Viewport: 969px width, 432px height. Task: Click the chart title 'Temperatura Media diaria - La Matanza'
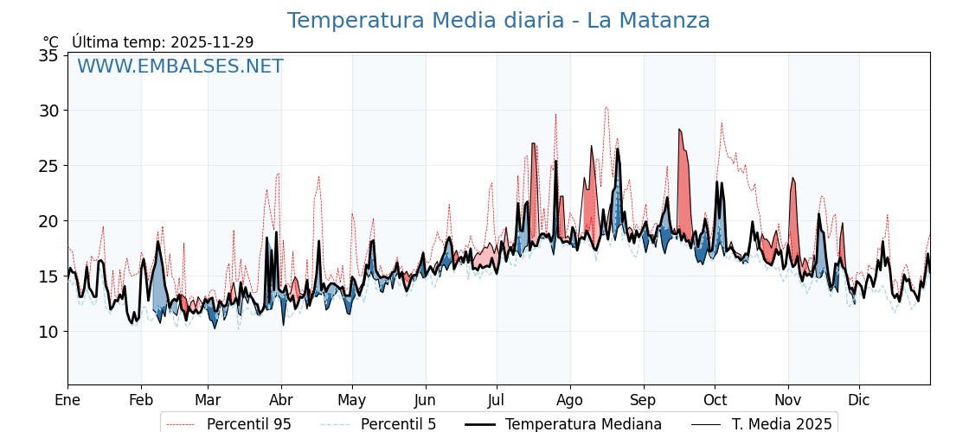(498, 21)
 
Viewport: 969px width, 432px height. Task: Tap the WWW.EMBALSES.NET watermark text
(180, 67)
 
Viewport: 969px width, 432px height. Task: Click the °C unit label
(51, 42)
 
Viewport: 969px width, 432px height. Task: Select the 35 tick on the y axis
(48, 55)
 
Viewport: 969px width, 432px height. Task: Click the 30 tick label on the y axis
(48, 111)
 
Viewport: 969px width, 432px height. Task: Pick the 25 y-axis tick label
(48, 166)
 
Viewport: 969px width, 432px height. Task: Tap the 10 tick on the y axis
(48, 332)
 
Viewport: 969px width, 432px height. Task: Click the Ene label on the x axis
(67, 400)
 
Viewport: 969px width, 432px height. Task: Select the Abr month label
(281, 400)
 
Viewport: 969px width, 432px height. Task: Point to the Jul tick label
(497, 400)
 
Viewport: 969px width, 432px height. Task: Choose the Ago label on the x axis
(570, 400)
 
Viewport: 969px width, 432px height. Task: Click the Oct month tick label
(715, 400)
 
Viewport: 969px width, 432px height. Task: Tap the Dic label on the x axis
(859, 400)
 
